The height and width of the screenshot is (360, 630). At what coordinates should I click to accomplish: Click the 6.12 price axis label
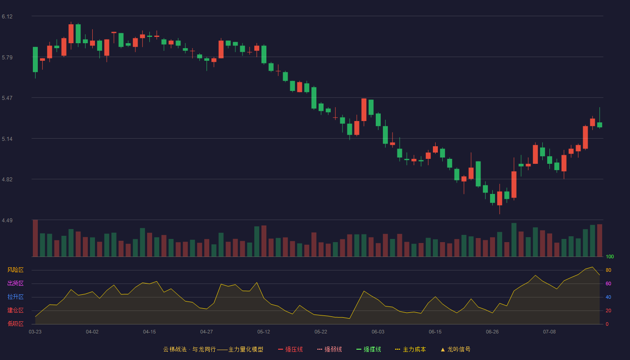tap(7, 17)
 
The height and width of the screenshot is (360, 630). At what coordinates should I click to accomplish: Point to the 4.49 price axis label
tap(7, 220)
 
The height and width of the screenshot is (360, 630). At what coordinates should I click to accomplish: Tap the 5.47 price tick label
tap(7, 98)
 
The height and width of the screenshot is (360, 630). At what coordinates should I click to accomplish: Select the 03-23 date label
tap(35, 332)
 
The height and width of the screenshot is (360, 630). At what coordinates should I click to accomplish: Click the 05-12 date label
tap(264, 332)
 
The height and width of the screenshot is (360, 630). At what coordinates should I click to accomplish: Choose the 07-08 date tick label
tap(549, 332)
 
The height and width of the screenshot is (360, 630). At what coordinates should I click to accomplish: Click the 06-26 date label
tap(492, 332)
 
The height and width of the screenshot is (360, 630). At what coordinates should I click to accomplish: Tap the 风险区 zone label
tap(15, 270)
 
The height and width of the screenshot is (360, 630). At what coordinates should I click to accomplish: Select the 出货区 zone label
tap(15, 283)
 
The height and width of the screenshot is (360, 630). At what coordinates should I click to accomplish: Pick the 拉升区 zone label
tap(15, 297)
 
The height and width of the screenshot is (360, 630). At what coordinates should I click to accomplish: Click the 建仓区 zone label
tap(15, 310)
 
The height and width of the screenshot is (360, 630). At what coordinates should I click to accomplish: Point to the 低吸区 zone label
tap(15, 324)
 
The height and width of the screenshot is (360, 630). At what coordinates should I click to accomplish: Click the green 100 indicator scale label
tap(610, 256)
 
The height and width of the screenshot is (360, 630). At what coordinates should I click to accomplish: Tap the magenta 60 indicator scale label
tap(608, 283)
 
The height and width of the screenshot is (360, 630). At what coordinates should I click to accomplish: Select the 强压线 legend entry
tap(290, 349)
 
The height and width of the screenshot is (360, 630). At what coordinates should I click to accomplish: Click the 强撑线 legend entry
tap(369, 349)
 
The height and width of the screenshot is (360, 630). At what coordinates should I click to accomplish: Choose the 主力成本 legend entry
tap(410, 349)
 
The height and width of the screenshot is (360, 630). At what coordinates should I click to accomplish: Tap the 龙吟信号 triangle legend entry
tap(455, 349)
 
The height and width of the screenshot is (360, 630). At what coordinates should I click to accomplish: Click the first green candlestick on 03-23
tap(35, 59)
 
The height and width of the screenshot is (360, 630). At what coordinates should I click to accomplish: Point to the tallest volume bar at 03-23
tap(35, 238)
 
